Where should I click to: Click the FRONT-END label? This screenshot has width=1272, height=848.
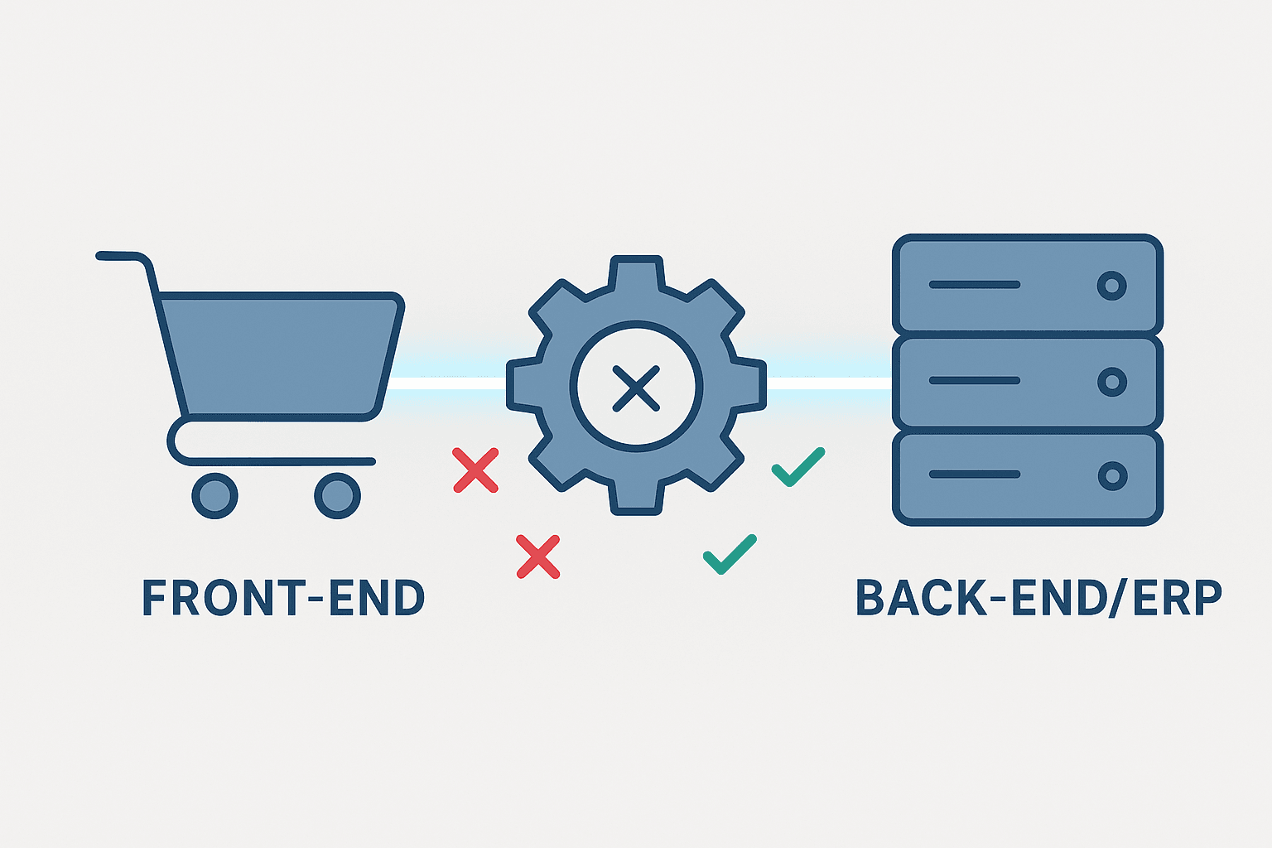pyautogui.click(x=283, y=598)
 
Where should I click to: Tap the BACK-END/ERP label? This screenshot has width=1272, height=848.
pyautogui.click(x=1038, y=598)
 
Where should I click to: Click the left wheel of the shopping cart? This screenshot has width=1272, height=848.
pyautogui.click(x=214, y=495)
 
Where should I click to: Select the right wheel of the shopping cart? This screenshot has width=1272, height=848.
pyautogui.click(x=337, y=495)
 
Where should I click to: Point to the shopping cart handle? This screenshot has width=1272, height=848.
pyautogui.click(x=124, y=257)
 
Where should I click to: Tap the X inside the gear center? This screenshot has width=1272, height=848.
pyautogui.click(x=636, y=388)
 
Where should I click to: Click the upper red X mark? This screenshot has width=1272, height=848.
pyautogui.click(x=475, y=470)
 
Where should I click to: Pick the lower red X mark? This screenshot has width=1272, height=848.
pyautogui.click(x=538, y=556)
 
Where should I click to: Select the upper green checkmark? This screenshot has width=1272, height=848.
pyautogui.click(x=797, y=467)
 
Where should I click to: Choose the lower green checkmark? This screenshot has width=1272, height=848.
pyautogui.click(x=730, y=554)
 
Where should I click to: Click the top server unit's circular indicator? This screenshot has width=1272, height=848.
pyautogui.click(x=1111, y=286)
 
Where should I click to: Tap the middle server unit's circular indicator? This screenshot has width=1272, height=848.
pyautogui.click(x=1111, y=382)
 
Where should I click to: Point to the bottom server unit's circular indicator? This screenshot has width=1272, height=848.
pyautogui.click(x=1111, y=476)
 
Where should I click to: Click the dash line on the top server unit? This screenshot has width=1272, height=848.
pyautogui.click(x=974, y=285)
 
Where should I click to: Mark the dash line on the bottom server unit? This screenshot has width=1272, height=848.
pyautogui.click(x=974, y=475)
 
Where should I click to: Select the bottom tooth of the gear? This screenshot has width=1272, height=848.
pyautogui.click(x=636, y=499)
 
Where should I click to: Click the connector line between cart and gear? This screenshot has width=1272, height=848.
pyautogui.click(x=447, y=383)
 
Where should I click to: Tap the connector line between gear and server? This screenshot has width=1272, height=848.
pyautogui.click(x=828, y=383)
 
